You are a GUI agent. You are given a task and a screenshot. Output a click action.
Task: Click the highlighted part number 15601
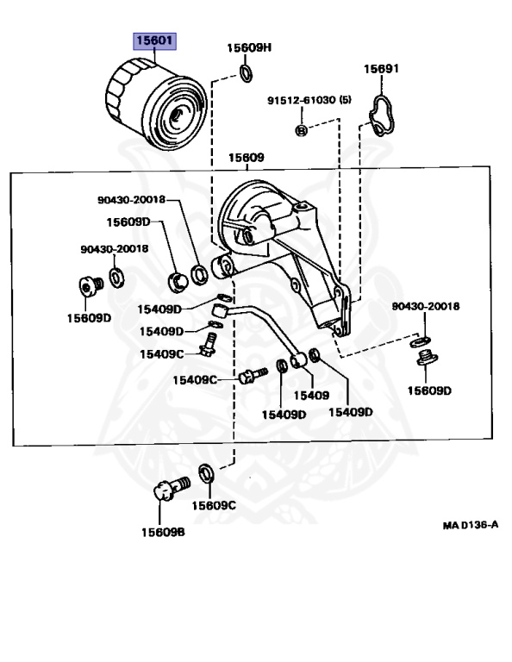click(154, 41)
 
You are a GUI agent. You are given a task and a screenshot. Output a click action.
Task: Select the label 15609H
click(249, 47)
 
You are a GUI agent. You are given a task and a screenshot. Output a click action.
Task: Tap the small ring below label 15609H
click(246, 73)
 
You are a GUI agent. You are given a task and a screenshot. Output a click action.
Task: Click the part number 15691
click(381, 68)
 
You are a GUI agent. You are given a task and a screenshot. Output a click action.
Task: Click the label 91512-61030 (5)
click(309, 100)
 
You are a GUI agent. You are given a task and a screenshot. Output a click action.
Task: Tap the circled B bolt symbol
click(301, 130)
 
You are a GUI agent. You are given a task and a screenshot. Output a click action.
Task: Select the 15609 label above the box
click(246, 158)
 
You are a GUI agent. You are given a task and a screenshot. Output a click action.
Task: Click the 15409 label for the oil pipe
click(311, 395)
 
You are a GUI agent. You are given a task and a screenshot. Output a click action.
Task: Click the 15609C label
click(214, 505)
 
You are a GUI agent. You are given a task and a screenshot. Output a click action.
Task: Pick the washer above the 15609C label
click(205, 473)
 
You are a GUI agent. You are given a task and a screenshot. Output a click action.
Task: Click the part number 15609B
click(163, 532)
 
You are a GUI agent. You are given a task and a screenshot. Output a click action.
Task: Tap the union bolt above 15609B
click(171, 488)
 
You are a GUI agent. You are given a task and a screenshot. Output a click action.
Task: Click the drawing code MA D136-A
click(471, 525)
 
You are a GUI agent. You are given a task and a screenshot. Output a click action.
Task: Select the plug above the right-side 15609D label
click(428, 358)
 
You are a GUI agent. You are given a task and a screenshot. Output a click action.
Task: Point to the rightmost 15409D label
click(350, 412)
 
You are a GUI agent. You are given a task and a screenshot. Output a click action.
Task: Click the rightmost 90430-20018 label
click(426, 306)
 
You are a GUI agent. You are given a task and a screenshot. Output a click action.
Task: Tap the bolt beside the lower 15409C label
click(253, 375)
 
